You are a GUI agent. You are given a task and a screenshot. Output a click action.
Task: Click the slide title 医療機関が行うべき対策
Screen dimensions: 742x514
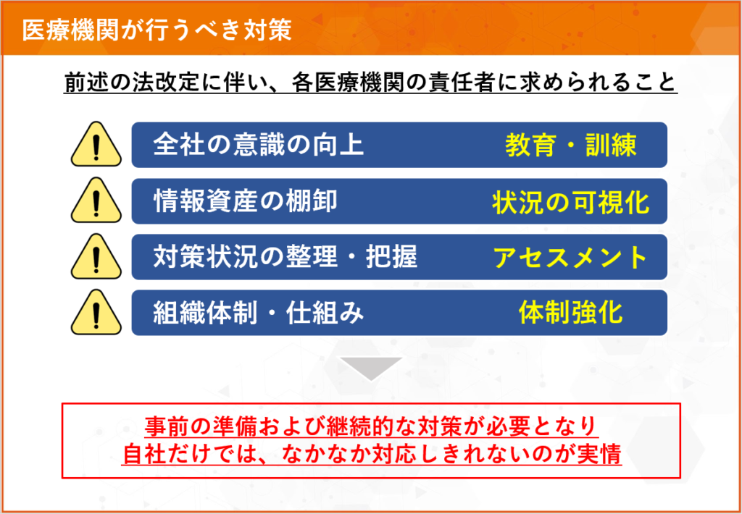[157, 30]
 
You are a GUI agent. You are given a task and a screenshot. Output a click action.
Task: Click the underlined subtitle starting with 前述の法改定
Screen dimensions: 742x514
[370, 83]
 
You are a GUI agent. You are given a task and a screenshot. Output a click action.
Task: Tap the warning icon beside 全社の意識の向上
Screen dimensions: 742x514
[96, 145]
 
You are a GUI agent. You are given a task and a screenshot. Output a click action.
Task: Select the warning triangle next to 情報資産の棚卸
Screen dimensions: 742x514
[96, 201]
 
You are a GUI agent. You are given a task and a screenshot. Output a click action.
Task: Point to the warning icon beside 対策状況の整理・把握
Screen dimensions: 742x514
[96, 256]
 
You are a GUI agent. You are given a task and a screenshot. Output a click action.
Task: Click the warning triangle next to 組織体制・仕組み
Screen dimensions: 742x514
[96, 312]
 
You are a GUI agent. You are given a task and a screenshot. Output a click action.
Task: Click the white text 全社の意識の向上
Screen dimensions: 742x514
[259, 145]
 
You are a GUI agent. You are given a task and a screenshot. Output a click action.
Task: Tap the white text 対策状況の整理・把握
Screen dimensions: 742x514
[285, 257]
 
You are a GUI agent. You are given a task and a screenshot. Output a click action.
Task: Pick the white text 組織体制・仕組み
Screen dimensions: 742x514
[259, 313]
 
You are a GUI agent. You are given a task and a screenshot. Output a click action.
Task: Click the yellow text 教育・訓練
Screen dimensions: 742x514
[571, 146]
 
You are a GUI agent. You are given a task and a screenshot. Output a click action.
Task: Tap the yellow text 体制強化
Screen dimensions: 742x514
[571, 313]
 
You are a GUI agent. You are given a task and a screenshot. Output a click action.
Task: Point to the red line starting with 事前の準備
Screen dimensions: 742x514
[372, 427]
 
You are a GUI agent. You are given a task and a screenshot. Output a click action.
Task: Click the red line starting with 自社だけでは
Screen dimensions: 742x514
[372, 455]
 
